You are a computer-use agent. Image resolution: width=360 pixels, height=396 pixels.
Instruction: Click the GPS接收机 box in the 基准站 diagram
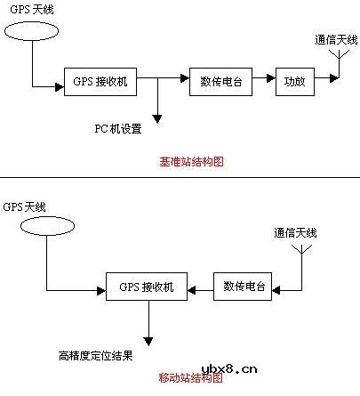point(101,81)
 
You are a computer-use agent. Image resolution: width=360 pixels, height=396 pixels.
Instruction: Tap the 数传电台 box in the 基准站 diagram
point(216,81)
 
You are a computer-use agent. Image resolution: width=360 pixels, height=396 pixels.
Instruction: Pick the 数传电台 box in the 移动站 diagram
point(243,287)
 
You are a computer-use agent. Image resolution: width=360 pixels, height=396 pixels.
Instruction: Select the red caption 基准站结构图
point(190,162)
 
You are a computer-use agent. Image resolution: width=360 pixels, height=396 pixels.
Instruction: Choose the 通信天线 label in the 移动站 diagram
point(296,232)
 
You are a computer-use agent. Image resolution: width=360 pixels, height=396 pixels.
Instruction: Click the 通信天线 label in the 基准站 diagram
point(337,40)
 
